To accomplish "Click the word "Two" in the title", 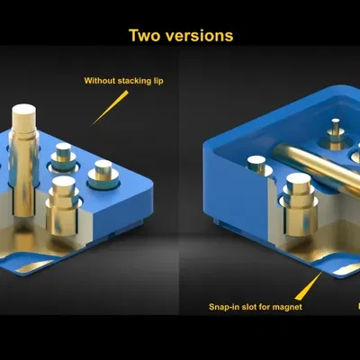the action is (x=145, y=35).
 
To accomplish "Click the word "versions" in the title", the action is (x=199, y=36).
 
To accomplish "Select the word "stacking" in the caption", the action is (x=135, y=81).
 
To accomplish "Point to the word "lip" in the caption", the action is (x=158, y=81).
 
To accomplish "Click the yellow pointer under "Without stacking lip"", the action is (x=110, y=108).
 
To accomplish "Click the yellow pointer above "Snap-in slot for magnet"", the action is (x=309, y=285).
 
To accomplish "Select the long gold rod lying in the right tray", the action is (x=318, y=166).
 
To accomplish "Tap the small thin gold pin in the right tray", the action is (x=336, y=134).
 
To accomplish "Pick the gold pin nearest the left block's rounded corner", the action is (x=103, y=175).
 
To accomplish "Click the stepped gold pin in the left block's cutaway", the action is (x=64, y=205).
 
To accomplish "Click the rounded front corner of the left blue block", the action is (x=148, y=182).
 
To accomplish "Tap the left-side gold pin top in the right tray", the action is (x=256, y=163).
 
